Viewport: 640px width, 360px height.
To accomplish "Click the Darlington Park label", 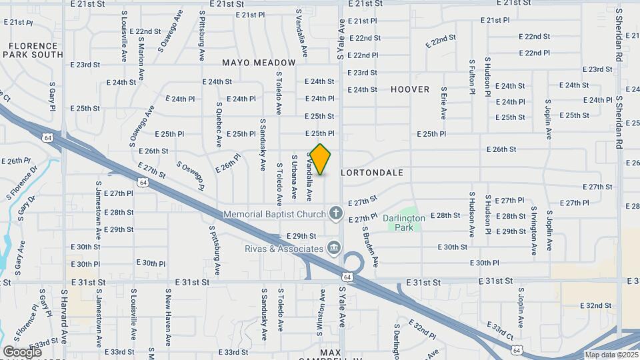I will pos(403,222).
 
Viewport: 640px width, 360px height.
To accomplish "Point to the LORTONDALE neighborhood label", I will pos(372,172).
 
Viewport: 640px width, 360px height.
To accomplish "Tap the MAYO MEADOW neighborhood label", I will pos(259,62).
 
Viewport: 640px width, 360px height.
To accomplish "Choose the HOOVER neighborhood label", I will pos(410,89).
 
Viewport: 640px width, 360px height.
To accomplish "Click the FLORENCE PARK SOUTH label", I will pos(32,50).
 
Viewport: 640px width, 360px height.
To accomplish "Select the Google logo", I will pos(22,351).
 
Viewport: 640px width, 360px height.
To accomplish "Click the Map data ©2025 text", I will pos(611,355).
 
